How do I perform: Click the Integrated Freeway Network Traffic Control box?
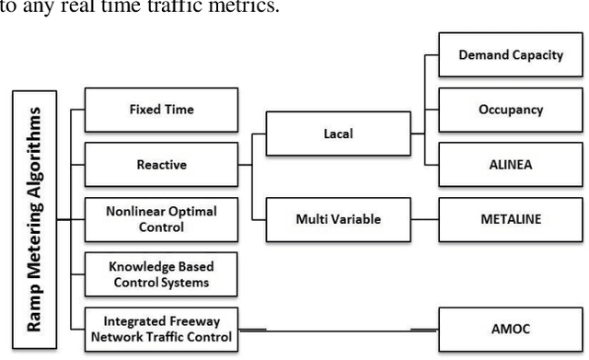coord(160,326)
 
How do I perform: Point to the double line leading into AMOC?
coord(424,328)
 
